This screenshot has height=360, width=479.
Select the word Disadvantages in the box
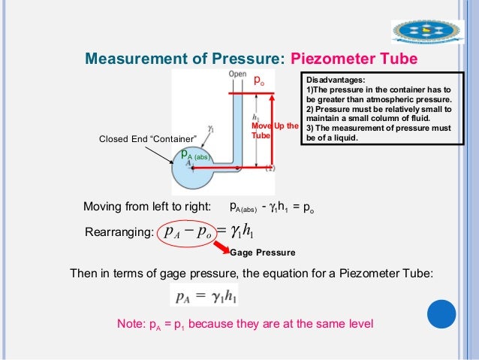[335, 79]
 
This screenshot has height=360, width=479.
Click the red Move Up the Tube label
[275, 130]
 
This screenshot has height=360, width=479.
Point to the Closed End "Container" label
[147, 139]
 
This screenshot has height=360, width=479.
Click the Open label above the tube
[237, 75]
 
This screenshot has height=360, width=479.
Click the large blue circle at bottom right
[442, 313]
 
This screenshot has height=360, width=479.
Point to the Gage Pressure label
[263, 253]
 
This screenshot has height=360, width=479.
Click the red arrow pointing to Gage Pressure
[220, 247]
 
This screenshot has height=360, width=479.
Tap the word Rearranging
[122, 233]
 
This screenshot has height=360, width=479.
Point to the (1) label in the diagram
[270, 168]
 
